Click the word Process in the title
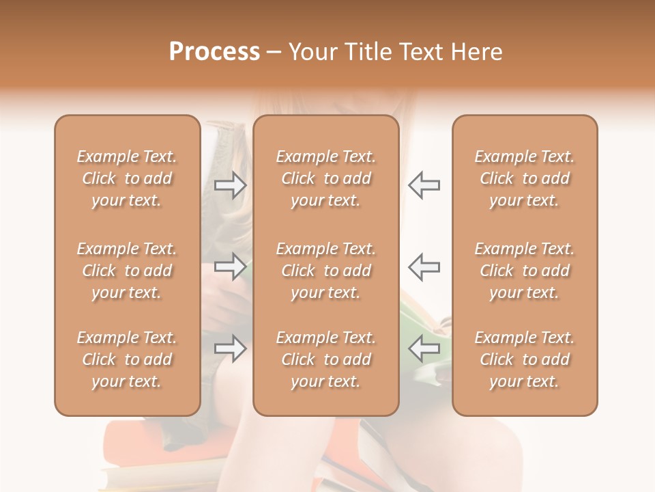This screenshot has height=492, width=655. [214, 52]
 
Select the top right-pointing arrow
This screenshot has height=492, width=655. [231, 184]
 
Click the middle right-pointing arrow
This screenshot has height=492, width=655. [231, 266]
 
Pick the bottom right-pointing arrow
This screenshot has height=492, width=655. [231, 348]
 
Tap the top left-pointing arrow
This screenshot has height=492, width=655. [424, 184]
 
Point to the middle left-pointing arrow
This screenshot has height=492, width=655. [424, 266]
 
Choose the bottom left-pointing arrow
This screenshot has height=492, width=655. [424, 348]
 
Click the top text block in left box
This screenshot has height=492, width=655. [127, 178]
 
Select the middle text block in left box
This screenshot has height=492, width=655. [127, 271]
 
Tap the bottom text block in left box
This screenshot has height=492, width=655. [127, 359]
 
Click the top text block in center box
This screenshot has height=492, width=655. [326, 178]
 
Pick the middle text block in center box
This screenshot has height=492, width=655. [326, 271]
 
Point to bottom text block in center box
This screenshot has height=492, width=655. [326, 359]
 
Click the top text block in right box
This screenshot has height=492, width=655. [525, 178]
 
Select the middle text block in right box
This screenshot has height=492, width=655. [525, 271]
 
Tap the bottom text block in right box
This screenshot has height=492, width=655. [525, 359]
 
